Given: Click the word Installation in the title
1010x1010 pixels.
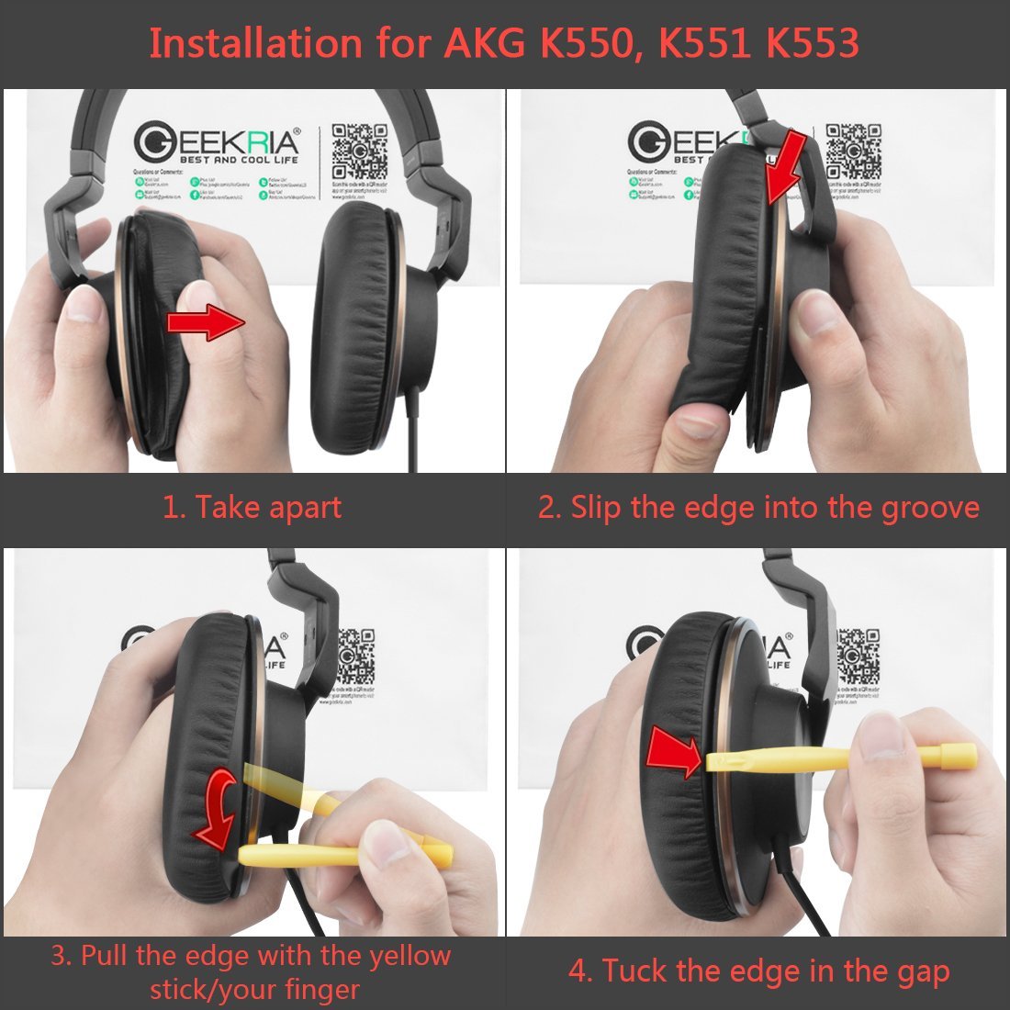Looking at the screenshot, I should point(256,43).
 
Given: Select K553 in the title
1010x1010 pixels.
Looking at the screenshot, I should point(807,43).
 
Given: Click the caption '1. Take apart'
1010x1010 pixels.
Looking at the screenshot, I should point(252,508).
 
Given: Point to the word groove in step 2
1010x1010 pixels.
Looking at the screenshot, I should point(930,508).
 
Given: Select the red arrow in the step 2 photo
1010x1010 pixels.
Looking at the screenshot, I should point(789,166).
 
